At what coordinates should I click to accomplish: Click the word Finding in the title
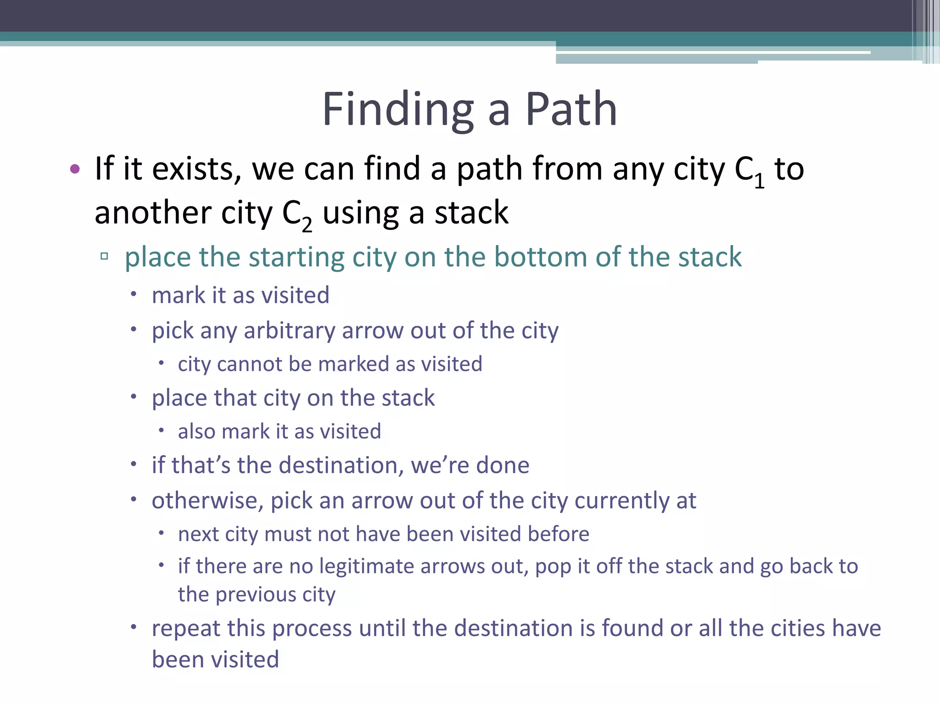coord(397,110)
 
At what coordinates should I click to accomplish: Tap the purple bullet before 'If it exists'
coord(75,169)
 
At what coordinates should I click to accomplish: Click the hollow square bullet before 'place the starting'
coord(104,256)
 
